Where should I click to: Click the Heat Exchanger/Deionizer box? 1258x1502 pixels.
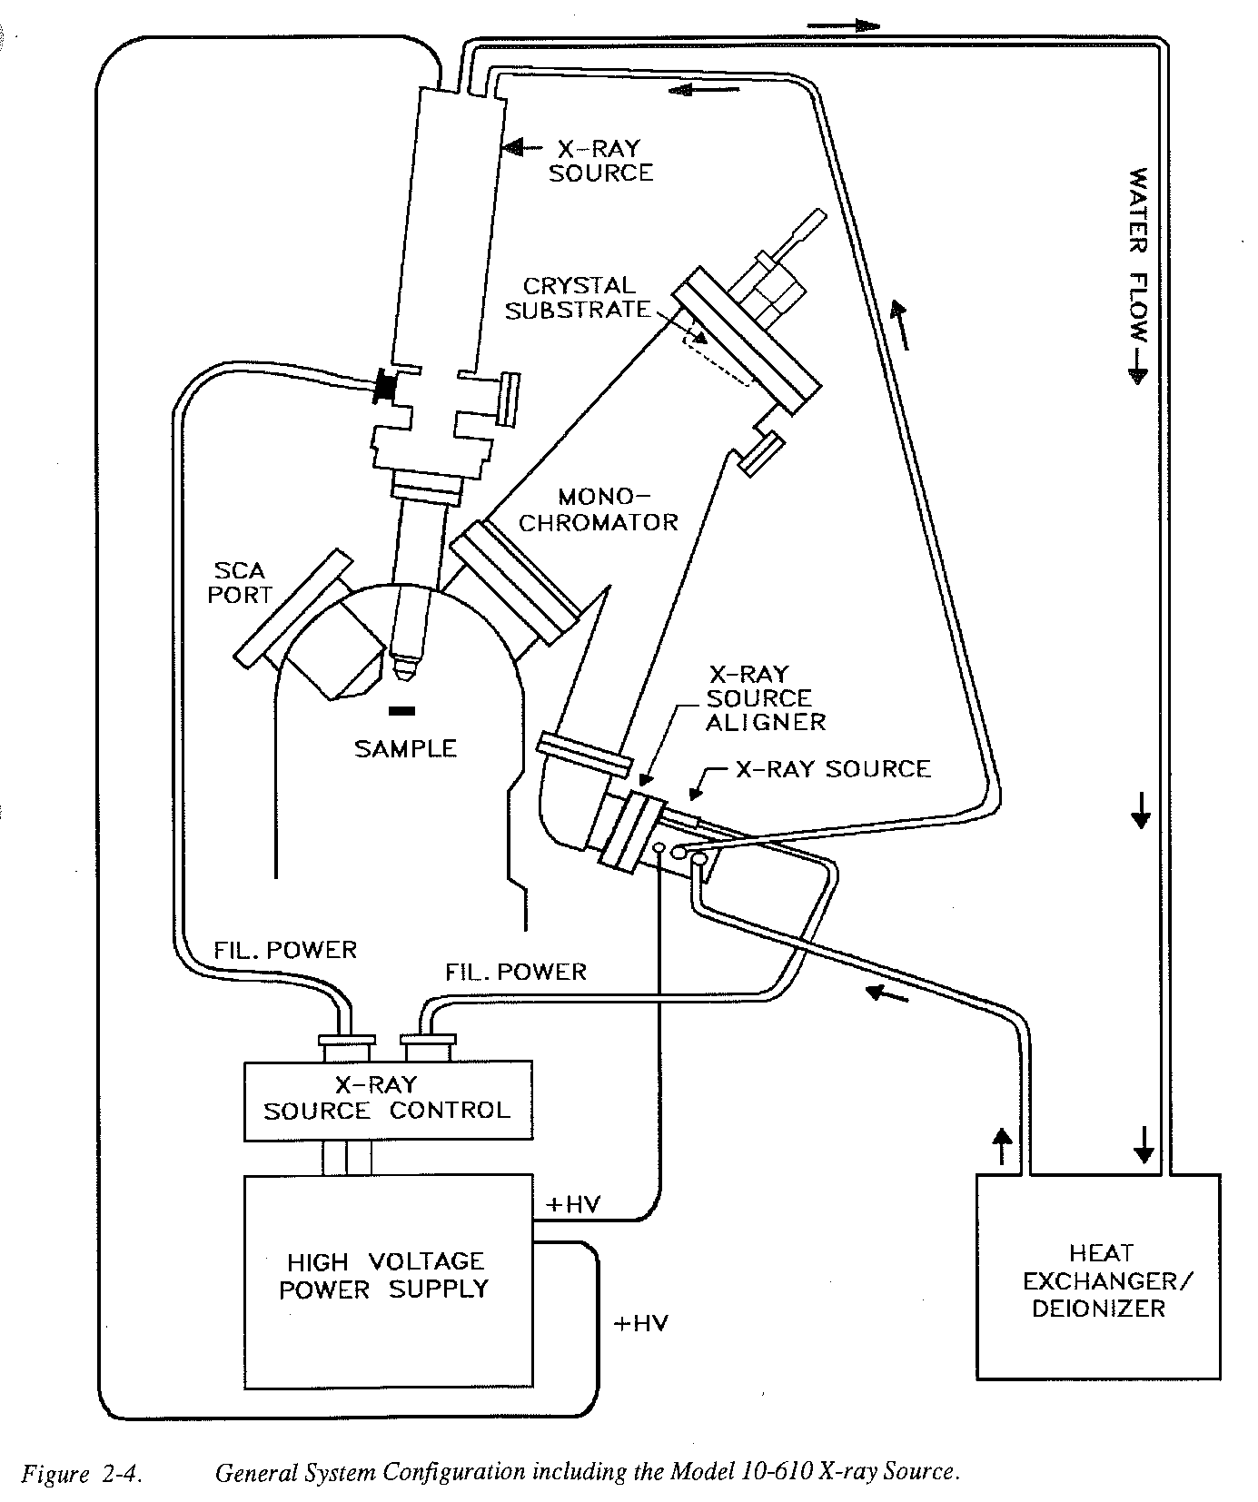click(x=1097, y=1280)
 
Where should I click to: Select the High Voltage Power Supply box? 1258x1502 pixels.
click(x=387, y=1280)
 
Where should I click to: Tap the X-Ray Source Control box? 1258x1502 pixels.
click(x=388, y=1098)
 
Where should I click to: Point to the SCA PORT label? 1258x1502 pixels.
click(x=240, y=583)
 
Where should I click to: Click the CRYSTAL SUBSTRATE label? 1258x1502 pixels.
click(x=579, y=298)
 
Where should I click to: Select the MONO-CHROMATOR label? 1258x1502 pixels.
click(x=599, y=509)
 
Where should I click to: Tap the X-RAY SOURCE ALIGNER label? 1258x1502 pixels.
click(x=765, y=698)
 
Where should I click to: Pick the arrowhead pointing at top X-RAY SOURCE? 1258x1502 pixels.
click(x=512, y=146)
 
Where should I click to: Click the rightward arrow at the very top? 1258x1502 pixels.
click(x=845, y=25)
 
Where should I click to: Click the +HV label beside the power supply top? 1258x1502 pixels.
click(x=573, y=1204)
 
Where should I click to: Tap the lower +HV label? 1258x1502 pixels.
click(x=640, y=1323)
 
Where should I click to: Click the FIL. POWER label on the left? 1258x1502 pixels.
click(x=285, y=950)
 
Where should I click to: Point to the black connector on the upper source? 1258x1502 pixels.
click(x=386, y=388)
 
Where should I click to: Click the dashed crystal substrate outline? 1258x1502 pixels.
click(x=718, y=354)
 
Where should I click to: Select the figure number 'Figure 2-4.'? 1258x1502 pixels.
click(x=81, y=1473)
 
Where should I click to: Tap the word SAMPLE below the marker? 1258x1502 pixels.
click(x=405, y=748)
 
